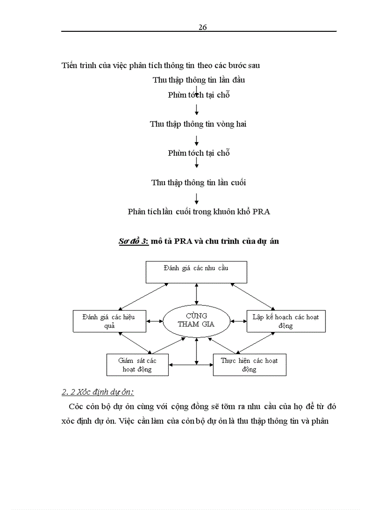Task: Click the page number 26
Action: [x=203, y=27]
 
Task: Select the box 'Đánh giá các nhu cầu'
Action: [x=196, y=272]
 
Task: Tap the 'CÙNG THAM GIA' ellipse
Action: [x=196, y=320]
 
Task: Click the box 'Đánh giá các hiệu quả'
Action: [x=109, y=321]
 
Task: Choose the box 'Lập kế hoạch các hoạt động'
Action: [x=286, y=321]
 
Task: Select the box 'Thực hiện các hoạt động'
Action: [x=249, y=365]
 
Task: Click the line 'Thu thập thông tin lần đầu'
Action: [x=199, y=80]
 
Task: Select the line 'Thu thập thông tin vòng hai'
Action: [x=198, y=124]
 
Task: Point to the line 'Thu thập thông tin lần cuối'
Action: [x=198, y=183]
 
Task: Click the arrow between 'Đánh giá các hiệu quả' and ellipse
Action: [x=155, y=321]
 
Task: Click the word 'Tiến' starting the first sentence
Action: [x=70, y=65]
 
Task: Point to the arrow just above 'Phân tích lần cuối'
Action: [x=196, y=198]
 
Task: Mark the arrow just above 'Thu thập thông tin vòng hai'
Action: [x=196, y=109]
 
